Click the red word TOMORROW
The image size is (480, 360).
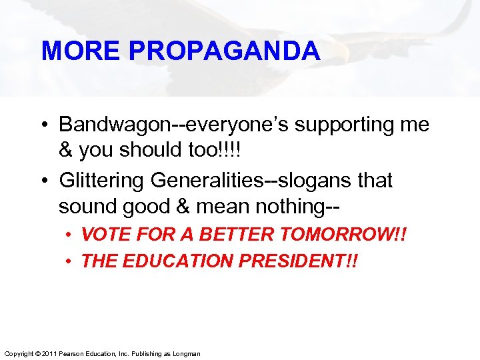point(337,235)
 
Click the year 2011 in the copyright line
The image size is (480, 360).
point(46,353)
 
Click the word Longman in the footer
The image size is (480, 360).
point(186,353)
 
